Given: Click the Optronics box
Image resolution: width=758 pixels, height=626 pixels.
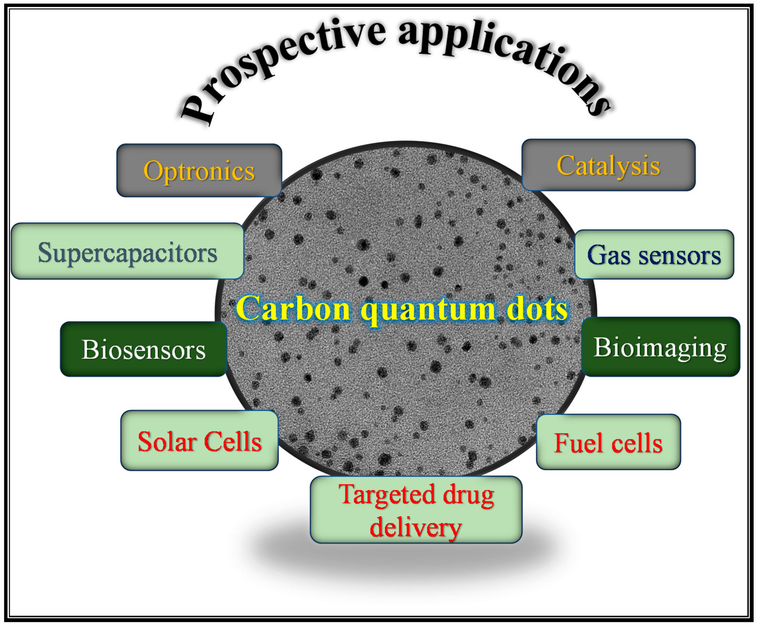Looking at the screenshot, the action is click(x=199, y=170).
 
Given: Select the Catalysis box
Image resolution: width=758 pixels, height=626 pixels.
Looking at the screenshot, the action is click(x=608, y=165).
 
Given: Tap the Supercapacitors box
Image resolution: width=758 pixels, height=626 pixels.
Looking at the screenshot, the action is click(x=127, y=252).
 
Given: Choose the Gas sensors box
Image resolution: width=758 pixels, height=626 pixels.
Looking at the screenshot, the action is click(x=654, y=255).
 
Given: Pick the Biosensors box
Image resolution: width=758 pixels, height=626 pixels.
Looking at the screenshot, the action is click(x=144, y=349).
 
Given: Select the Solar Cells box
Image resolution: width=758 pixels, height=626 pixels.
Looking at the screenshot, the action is click(x=200, y=441).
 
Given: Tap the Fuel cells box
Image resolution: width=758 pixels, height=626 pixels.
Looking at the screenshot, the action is click(x=608, y=442).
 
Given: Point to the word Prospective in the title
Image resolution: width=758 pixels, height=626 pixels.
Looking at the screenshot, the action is click(x=278, y=61).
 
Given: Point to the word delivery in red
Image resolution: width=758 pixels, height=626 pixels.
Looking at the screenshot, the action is click(x=416, y=527).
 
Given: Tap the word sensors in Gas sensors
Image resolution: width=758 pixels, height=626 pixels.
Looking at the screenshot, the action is click(x=680, y=255).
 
